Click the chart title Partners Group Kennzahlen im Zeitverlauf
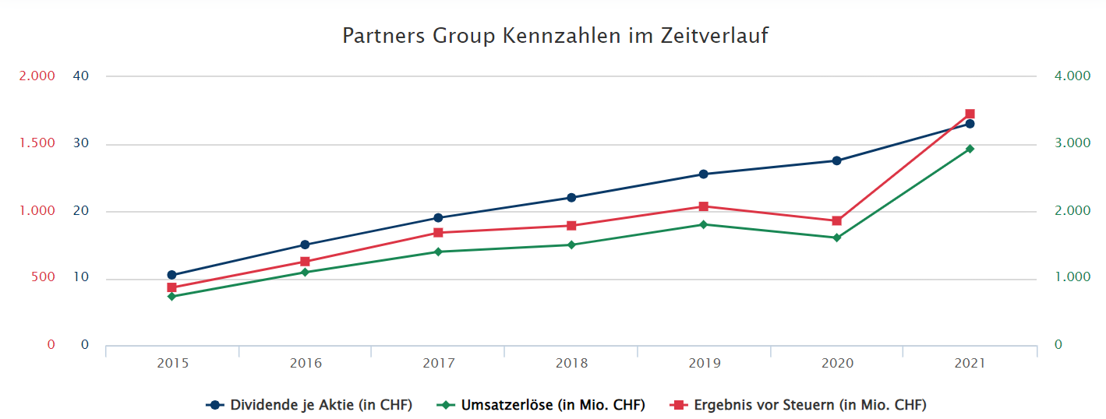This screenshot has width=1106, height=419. [555, 36]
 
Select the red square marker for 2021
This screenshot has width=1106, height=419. [970, 114]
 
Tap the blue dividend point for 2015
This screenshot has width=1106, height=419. [171, 275]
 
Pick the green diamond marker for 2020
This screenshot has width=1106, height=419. [837, 238]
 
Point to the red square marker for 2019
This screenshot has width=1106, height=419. [704, 206]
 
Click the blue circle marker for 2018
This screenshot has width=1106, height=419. [571, 197]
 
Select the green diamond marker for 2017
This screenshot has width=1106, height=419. [438, 252]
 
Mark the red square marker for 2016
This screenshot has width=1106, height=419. [305, 262]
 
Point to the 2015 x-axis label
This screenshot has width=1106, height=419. [172, 364]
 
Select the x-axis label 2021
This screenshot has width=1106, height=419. [970, 364]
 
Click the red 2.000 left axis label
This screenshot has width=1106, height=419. [37, 76]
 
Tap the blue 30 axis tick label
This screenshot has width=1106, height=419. [81, 144]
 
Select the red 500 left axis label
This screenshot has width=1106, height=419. [44, 278]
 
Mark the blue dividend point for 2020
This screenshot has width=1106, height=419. [837, 160]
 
